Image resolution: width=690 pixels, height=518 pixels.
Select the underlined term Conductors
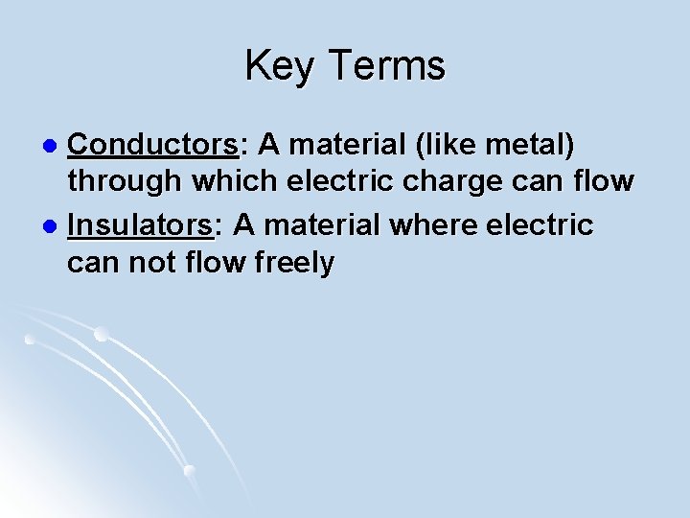[x=153, y=145]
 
